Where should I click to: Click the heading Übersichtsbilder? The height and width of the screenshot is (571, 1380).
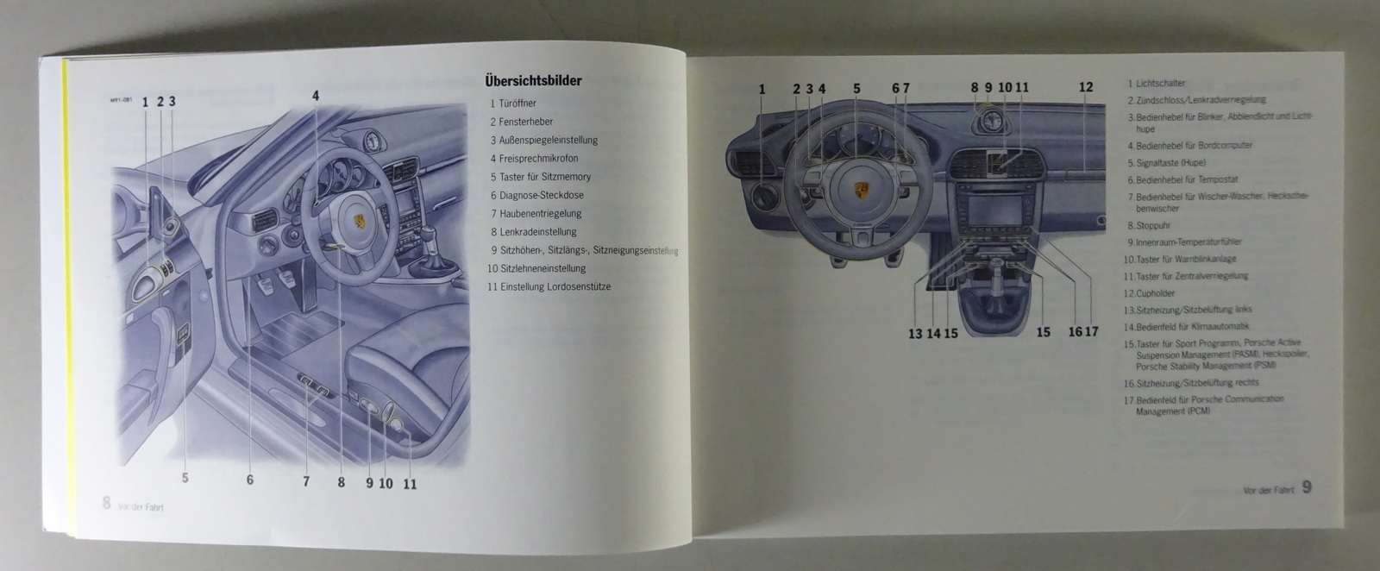[x=533, y=81]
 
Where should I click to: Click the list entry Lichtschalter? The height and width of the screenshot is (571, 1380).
[x=1156, y=84]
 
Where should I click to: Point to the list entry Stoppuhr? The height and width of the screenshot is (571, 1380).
[x=1147, y=225]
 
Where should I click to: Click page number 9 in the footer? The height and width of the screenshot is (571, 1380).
[x=1307, y=487]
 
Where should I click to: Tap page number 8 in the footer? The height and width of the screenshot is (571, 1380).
[x=107, y=503]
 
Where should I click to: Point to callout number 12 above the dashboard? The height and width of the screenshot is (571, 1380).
[x=1086, y=87]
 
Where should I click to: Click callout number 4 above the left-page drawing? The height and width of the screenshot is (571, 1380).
[x=316, y=96]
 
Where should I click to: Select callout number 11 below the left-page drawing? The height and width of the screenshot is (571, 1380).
[x=410, y=484]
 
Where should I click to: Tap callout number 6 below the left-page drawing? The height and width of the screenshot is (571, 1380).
[x=250, y=480]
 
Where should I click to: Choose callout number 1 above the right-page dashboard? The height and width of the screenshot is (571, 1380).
[x=762, y=88]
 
